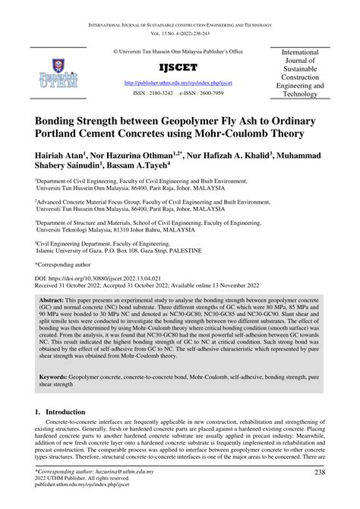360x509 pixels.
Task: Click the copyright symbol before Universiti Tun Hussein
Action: (116, 52)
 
